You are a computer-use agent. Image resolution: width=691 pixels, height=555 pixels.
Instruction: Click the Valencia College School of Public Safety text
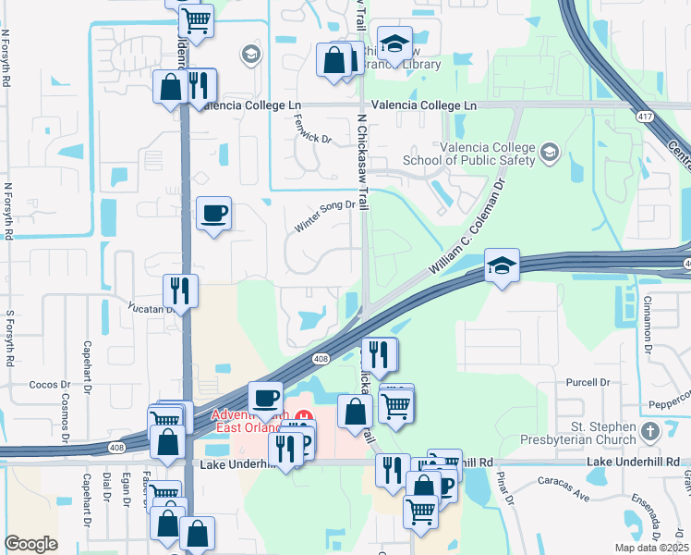click(488, 154)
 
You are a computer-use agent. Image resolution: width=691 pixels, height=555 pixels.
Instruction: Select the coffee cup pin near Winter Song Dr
click(214, 214)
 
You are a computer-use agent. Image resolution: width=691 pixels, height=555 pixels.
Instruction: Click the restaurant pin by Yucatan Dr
click(180, 290)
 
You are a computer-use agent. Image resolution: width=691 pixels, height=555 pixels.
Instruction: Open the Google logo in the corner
click(30, 544)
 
